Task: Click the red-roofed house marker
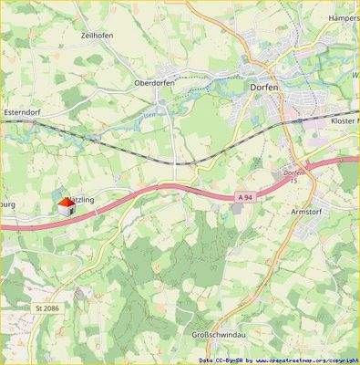click(x=66, y=206)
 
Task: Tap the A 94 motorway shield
click(x=243, y=196)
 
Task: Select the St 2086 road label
click(x=50, y=309)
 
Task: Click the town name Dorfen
click(x=265, y=88)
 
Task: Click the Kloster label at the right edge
click(x=345, y=120)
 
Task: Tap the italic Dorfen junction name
click(x=291, y=172)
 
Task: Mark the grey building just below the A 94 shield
click(x=239, y=210)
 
